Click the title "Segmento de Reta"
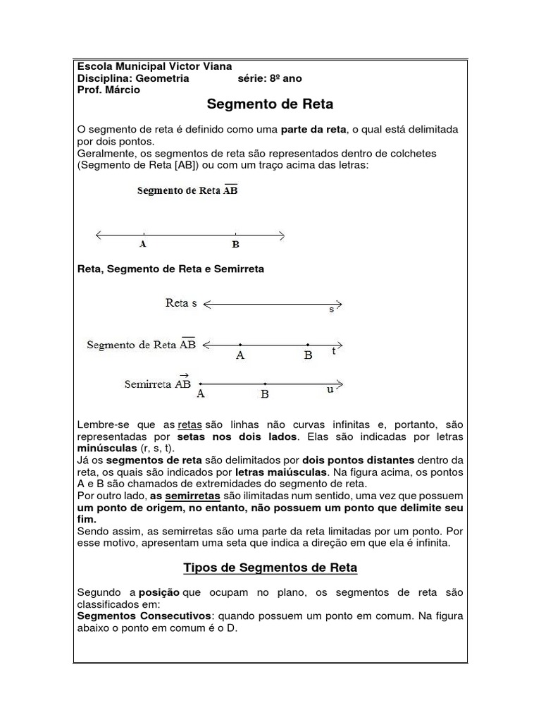tap(270, 104)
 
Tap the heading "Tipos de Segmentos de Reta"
tap(270, 568)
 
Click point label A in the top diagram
tap(143, 245)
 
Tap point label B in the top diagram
tap(235, 245)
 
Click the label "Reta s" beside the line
tap(181, 303)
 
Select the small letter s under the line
tap(331, 310)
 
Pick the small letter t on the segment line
tap(334, 351)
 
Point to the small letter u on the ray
tap(330, 389)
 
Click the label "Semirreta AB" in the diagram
tap(158, 384)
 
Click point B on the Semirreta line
tap(264, 384)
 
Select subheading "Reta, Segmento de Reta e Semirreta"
tap(170, 269)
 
